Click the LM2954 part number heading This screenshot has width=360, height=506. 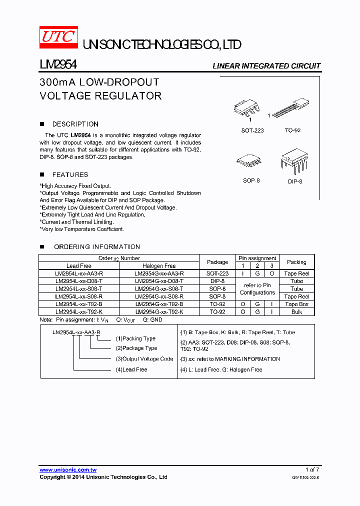(x=58, y=65)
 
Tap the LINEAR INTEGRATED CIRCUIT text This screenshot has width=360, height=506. (x=266, y=66)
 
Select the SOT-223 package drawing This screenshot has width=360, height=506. (x=248, y=109)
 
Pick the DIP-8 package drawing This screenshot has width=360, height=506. (x=293, y=160)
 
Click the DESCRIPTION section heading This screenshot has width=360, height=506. (x=75, y=124)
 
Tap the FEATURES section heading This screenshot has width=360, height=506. (x=70, y=174)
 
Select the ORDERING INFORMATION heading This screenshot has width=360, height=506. (x=97, y=246)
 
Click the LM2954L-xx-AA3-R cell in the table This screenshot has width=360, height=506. (x=79, y=273)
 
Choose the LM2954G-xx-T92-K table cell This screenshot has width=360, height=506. (x=159, y=311)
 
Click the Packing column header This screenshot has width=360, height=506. (x=296, y=262)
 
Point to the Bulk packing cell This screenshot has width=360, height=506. (x=297, y=311)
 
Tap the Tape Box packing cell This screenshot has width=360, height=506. (x=297, y=304)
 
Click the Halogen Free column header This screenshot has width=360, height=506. (x=159, y=266)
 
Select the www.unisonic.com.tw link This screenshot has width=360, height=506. (x=68, y=470)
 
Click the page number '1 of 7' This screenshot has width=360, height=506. (x=312, y=469)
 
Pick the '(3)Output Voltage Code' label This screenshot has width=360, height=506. (x=144, y=358)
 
